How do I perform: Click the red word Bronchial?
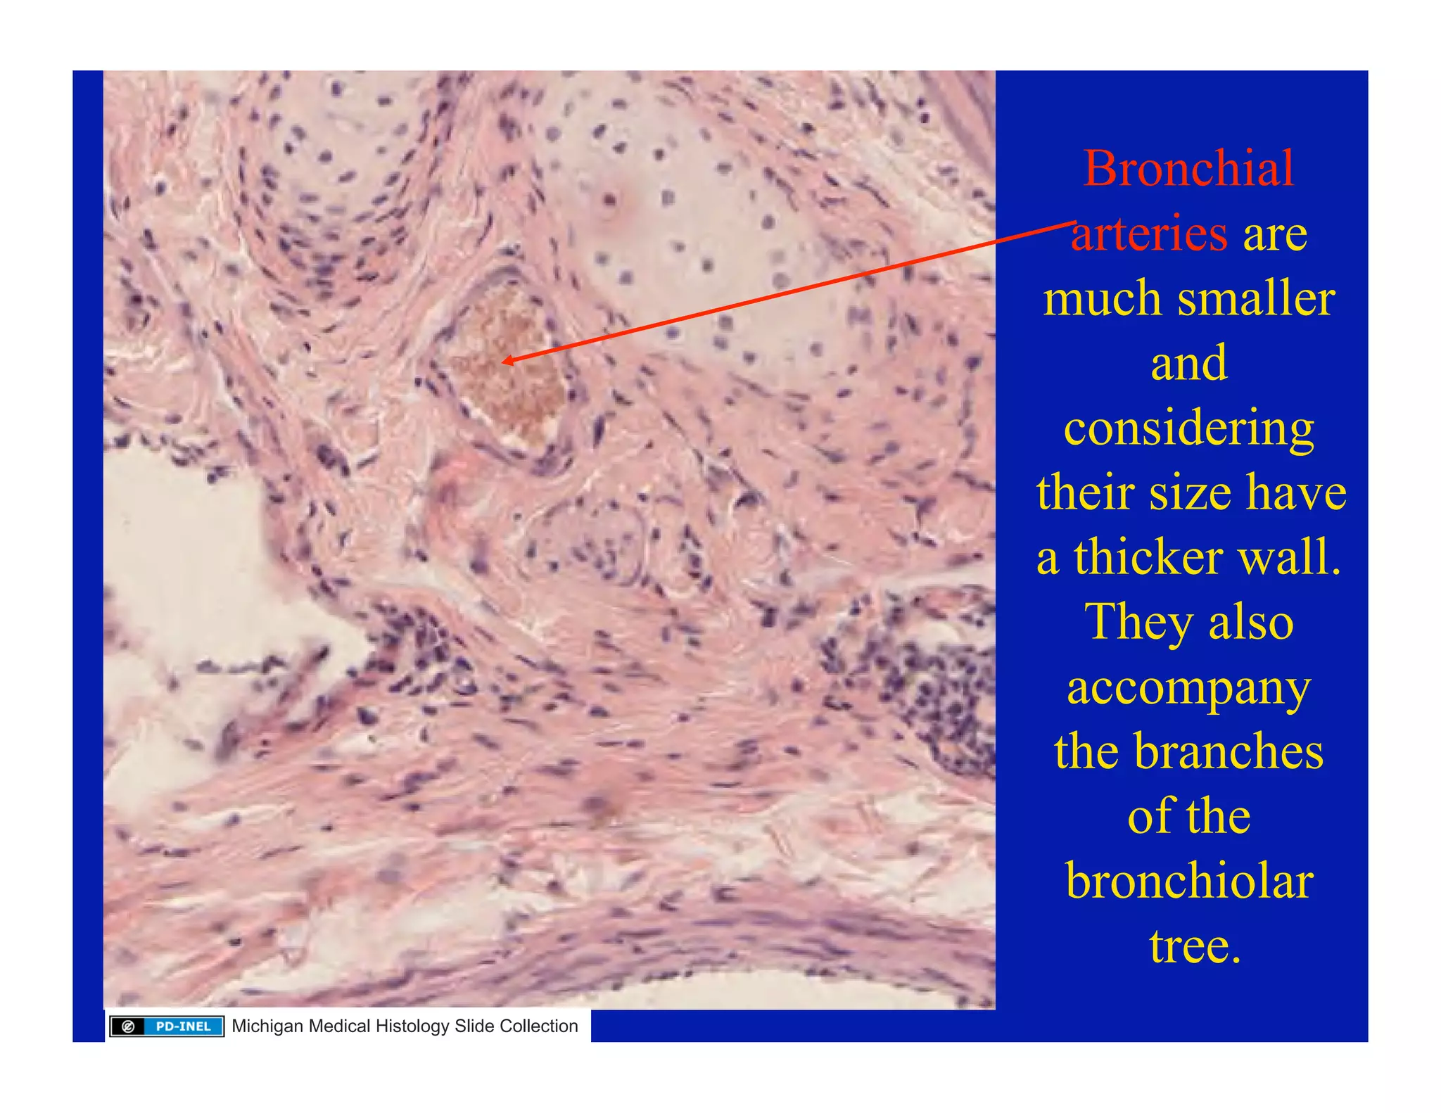click(1188, 169)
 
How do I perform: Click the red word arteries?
click(1148, 234)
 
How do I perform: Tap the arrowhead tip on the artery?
click(504, 362)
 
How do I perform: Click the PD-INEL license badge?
click(167, 1026)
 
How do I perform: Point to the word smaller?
click(1257, 298)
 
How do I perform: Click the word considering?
click(1188, 428)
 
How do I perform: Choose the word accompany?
click(1188, 688)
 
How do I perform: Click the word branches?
click(1229, 751)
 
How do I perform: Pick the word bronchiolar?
click(1188, 881)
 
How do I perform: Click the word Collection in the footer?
click(538, 1026)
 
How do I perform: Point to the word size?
click(1191, 492)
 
